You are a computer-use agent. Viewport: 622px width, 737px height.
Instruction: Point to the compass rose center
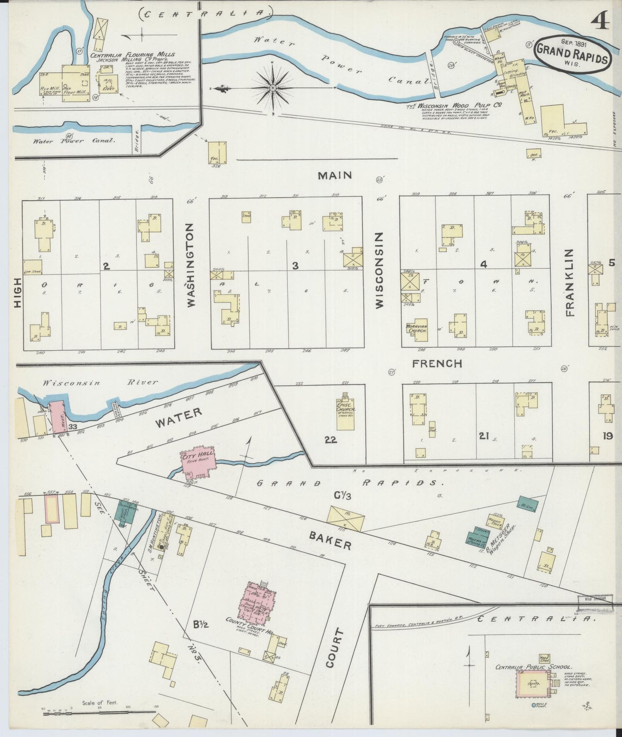pos(272,88)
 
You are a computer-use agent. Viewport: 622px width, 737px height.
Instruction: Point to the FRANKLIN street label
pos(570,282)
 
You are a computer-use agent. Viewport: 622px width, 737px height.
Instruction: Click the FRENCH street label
pos(437,364)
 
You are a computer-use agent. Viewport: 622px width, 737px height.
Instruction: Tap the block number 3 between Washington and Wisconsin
pos(295,266)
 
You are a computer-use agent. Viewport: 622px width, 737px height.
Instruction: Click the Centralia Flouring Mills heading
pos(133,55)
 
